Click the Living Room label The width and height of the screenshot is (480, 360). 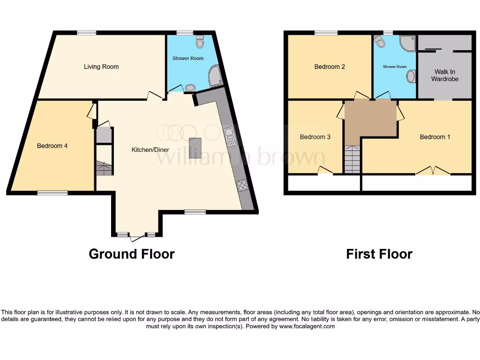pos(101,67)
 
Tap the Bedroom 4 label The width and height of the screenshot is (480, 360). pos(52,146)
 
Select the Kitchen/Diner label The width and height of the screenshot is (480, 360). pos(150,150)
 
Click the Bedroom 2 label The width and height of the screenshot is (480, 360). pos(330,67)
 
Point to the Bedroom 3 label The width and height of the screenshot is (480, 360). pos(315,137)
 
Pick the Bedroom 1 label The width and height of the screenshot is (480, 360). pos(435,137)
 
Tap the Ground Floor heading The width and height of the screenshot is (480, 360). pos(132,254)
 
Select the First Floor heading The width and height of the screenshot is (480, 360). pos(379,254)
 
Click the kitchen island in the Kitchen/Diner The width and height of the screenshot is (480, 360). pos(195,148)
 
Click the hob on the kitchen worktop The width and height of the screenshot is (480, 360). pos(242,186)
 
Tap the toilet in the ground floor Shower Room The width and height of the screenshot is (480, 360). pos(200,42)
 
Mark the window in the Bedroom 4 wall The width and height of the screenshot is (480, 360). pos(52,192)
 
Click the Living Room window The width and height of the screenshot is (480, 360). pos(87,32)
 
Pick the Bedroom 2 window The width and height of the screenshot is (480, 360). pos(326,32)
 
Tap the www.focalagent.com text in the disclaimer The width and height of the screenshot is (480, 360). pos(307,326)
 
